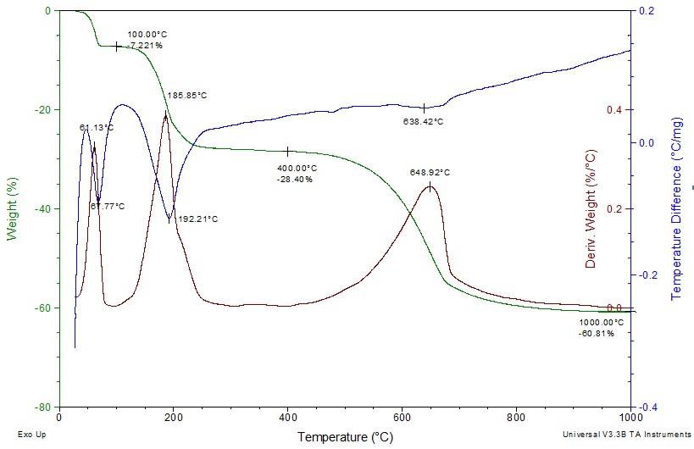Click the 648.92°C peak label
pyautogui.click(x=430, y=173)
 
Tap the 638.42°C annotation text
pyautogui.click(x=423, y=122)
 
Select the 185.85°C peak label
pyautogui.click(x=187, y=96)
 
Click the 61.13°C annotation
pyautogui.click(x=97, y=128)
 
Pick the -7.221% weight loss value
pyautogui.click(x=145, y=45)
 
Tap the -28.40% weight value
pyautogui.click(x=295, y=180)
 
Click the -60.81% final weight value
pyautogui.click(x=597, y=334)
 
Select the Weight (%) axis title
pyautogui.click(x=13, y=208)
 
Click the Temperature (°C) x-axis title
pyautogui.click(x=344, y=437)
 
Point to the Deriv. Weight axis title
pyautogui.click(x=591, y=208)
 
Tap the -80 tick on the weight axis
pyautogui.click(x=42, y=407)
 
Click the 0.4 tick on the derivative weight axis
pyautogui.click(x=613, y=110)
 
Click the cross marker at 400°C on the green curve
pyautogui.click(x=288, y=152)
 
